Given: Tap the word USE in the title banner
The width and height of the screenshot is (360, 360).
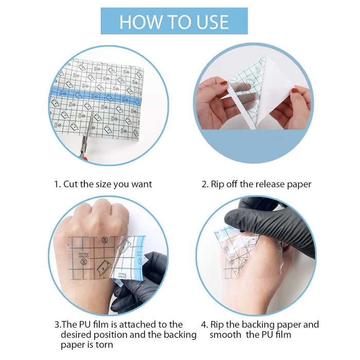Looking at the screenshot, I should point(208,22).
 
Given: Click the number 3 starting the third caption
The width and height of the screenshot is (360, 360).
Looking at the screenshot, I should point(57,325).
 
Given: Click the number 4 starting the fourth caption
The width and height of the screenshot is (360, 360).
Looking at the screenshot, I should point(204,325).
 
